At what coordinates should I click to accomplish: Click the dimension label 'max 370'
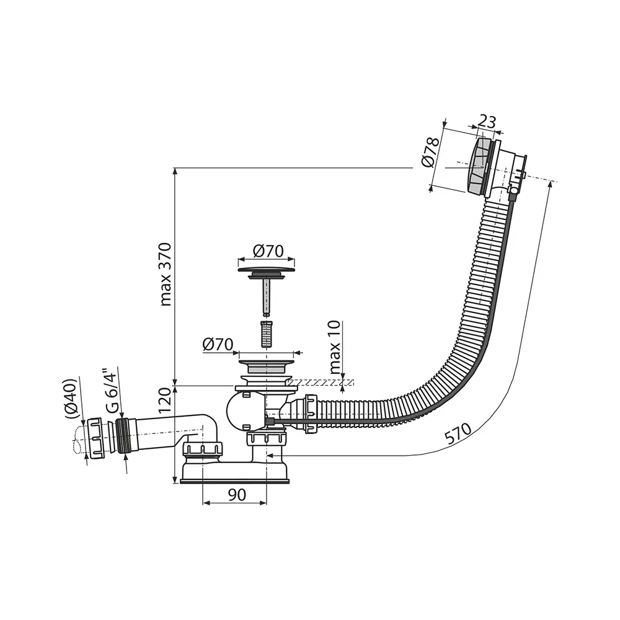[x=166, y=274]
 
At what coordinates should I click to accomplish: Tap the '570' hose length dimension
[x=458, y=434]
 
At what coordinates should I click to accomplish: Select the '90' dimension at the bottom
[x=236, y=495]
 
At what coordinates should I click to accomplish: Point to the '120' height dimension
[x=165, y=400]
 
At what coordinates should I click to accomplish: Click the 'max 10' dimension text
[x=335, y=348]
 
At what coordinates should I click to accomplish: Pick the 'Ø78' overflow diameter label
[x=431, y=153]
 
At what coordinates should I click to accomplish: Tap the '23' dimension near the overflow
[x=487, y=122]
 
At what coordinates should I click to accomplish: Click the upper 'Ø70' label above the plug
[x=268, y=251]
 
